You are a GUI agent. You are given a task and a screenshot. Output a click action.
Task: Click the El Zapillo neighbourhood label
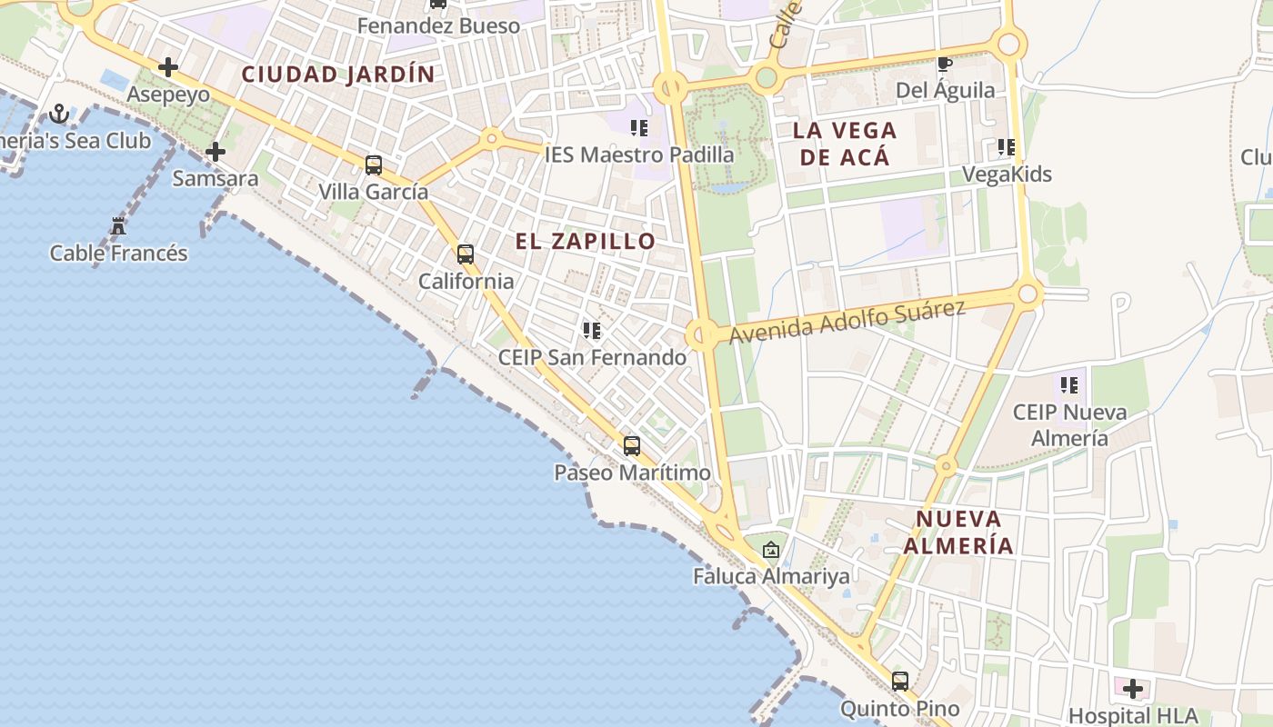585,241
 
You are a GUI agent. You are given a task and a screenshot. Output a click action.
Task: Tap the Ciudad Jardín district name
338,75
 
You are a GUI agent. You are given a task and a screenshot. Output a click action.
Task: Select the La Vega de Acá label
845,143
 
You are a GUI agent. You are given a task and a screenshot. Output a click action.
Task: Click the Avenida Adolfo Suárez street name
847,323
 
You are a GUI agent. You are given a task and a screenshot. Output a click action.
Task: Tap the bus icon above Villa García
373,165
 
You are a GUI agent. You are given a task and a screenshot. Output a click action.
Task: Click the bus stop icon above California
466,254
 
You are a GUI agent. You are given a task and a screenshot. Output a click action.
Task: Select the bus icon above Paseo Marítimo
632,446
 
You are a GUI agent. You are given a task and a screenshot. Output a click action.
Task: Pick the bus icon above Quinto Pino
900,681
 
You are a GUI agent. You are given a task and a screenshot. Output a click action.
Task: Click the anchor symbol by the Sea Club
59,114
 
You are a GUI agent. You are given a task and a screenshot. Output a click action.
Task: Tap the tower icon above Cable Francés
117,225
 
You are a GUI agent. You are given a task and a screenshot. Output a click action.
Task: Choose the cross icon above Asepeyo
168,67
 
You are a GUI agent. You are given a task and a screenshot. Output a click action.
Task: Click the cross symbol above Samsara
216,152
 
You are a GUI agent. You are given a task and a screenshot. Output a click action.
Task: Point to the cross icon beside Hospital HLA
1132,688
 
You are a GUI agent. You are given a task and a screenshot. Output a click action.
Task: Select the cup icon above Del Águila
945,64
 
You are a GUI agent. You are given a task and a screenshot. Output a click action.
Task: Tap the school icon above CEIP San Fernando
592,331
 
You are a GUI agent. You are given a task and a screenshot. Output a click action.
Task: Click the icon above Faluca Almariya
771,549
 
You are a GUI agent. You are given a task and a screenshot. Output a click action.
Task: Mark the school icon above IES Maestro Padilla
639,128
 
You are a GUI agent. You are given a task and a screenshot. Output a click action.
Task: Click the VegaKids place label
1007,174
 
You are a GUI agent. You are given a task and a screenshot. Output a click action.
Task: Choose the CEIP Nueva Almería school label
1069,424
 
